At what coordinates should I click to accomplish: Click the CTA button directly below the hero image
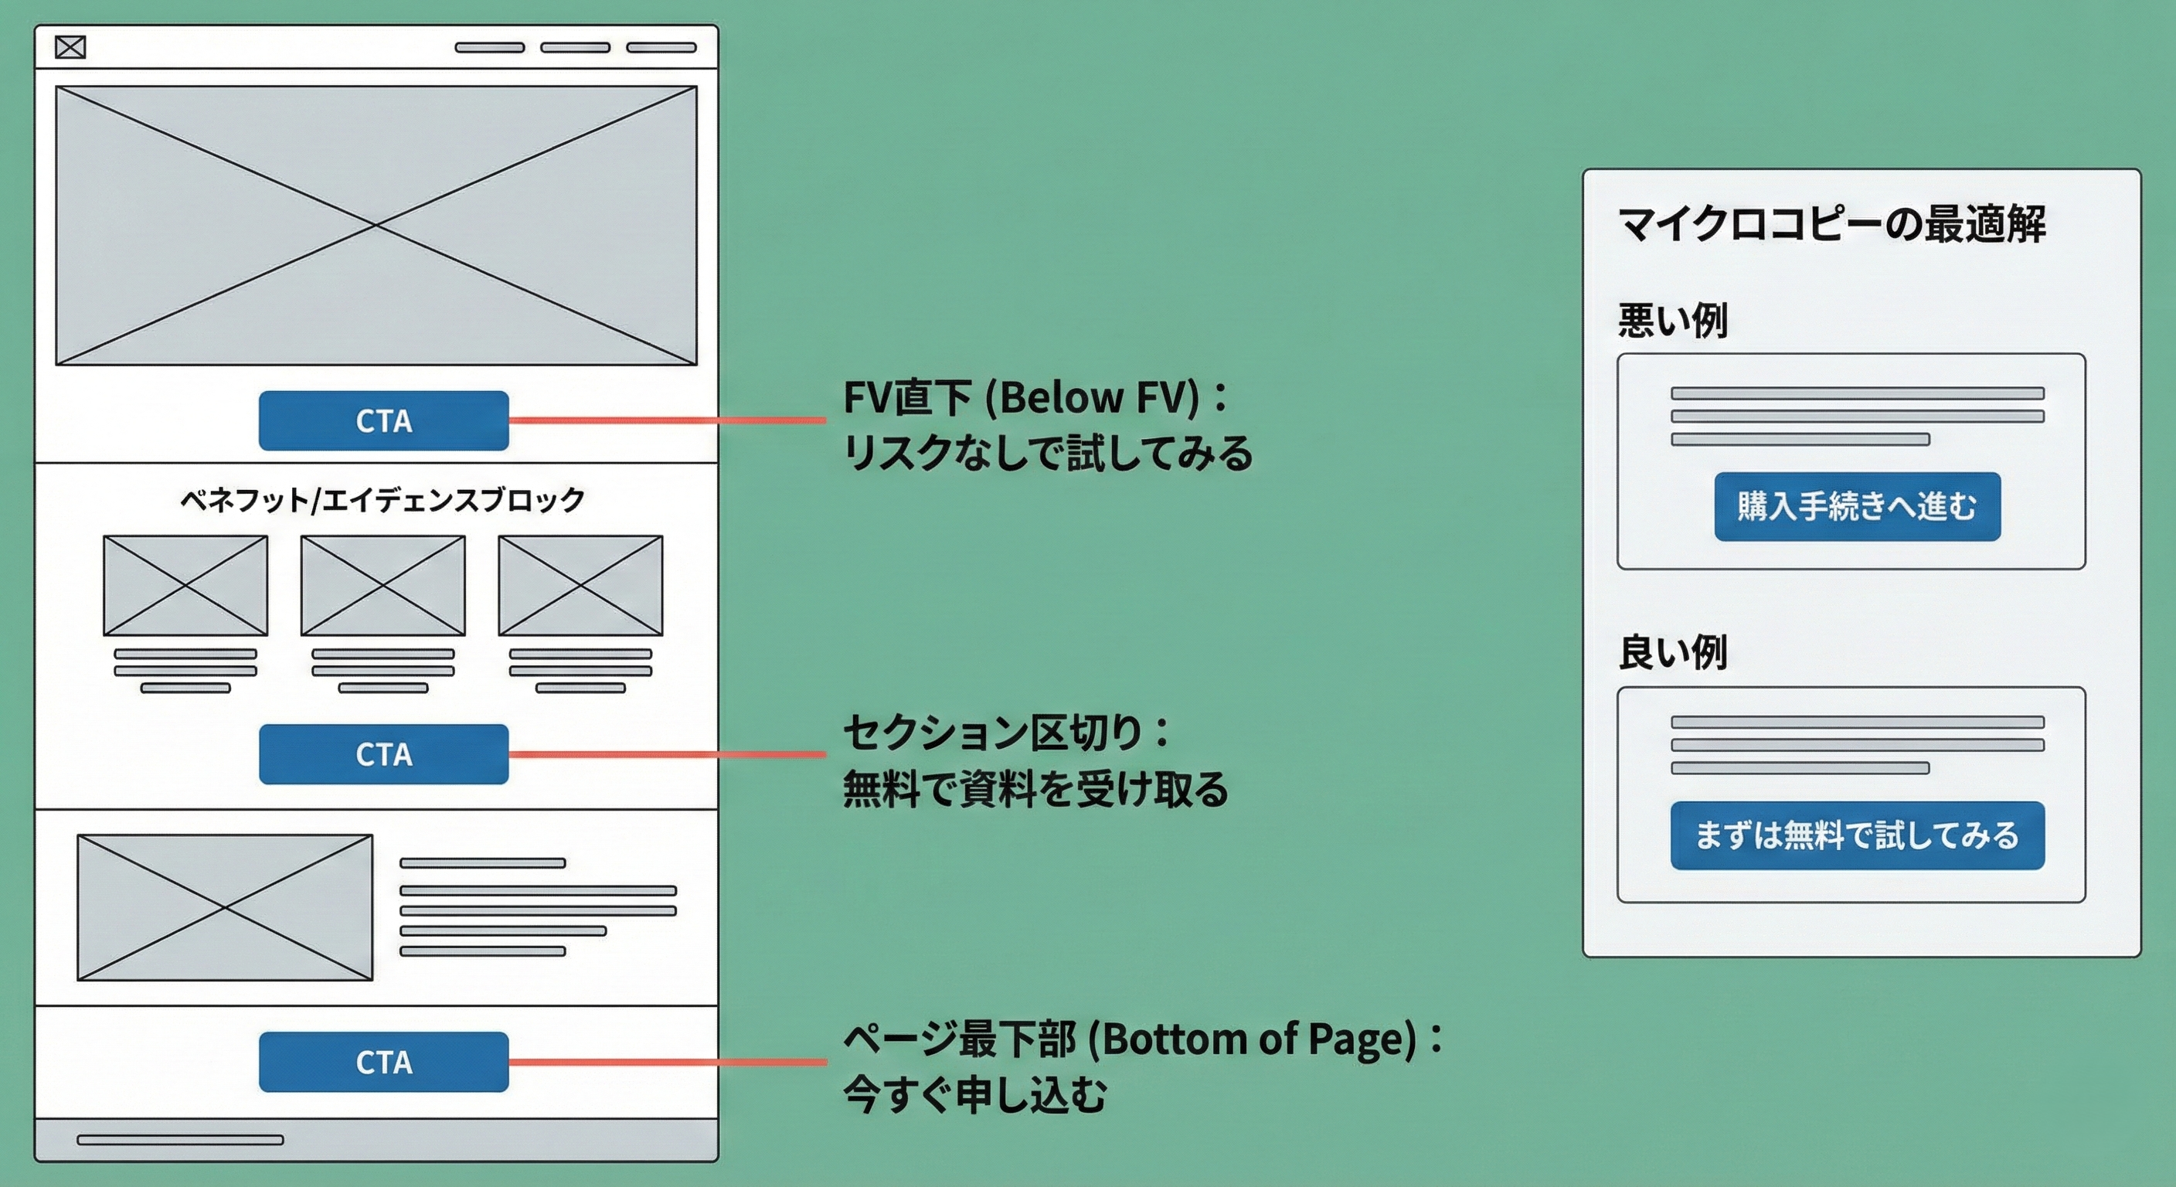tap(383, 420)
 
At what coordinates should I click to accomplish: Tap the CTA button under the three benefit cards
tap(383, 754)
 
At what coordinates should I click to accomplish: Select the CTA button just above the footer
tap(383, 1062)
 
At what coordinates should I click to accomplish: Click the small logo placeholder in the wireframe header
tap(70, 47)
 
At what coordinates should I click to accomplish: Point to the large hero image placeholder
tap(376, 226)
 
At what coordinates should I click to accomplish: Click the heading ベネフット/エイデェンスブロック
tap(382, 500)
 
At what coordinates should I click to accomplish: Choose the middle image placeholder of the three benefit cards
tap(382, 586)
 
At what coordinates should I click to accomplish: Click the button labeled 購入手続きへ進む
tap(1857, 506)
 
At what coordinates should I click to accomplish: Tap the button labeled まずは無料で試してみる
tap(1857, 835)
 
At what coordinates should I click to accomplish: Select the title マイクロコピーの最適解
tap(1831, 225)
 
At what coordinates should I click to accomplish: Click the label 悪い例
tap(1672, 321)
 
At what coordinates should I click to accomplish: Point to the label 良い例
tap(1672, 652)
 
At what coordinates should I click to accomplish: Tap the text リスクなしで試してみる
tap(1048, 453)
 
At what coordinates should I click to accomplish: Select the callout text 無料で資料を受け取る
tap(1035, 789)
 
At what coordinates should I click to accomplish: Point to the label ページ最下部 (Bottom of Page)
tap(1141, 1039)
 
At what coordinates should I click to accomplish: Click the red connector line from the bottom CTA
tap(668, 1062)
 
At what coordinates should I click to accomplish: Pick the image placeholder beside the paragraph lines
tap(225, 907)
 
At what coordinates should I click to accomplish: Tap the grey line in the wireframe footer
tap(180, 1140)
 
